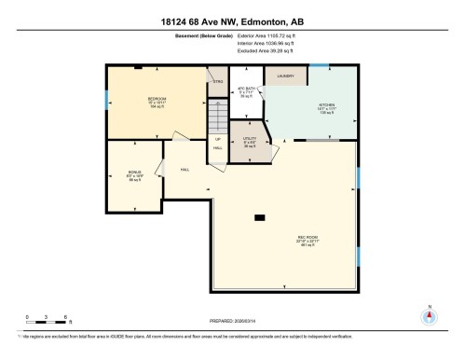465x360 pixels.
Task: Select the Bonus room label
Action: point(134,173)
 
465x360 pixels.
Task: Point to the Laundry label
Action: point(285,77)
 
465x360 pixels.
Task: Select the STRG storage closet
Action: point(218,81)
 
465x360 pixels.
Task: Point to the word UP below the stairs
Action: point(218,140)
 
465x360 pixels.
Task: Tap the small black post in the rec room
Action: point(259,218)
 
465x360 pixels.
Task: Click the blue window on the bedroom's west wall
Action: point(105,98)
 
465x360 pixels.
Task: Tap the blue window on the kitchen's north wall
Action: point(320,64)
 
